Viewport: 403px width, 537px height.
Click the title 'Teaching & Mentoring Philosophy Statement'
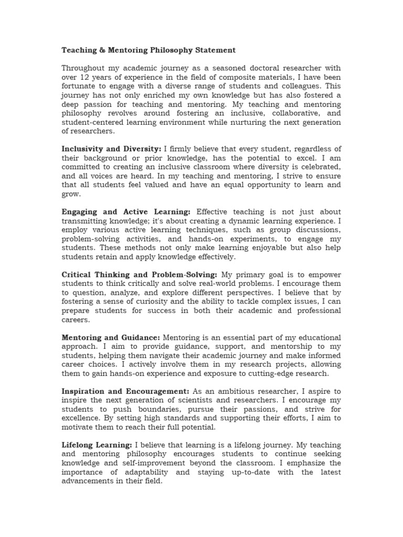(x=149, y=50)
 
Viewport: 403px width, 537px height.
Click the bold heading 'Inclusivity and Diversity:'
(x=111, y=148)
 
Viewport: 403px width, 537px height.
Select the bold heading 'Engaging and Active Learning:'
(x=126, y=212)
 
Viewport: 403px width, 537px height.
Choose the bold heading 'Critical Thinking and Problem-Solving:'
(x=140, y=275)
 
